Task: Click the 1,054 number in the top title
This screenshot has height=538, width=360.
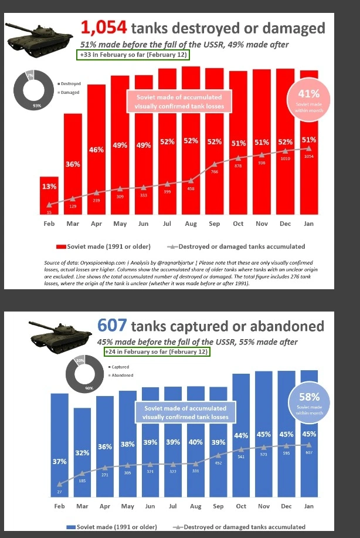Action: pos(104,28)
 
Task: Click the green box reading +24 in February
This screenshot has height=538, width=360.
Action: pos(155,351)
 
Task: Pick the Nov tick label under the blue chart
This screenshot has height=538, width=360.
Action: pos(263,506)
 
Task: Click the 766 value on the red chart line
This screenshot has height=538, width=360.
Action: pos(215,171)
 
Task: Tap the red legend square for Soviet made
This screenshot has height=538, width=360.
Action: pos(61,246)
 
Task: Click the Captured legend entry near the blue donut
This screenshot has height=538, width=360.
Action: pos(120,367)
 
